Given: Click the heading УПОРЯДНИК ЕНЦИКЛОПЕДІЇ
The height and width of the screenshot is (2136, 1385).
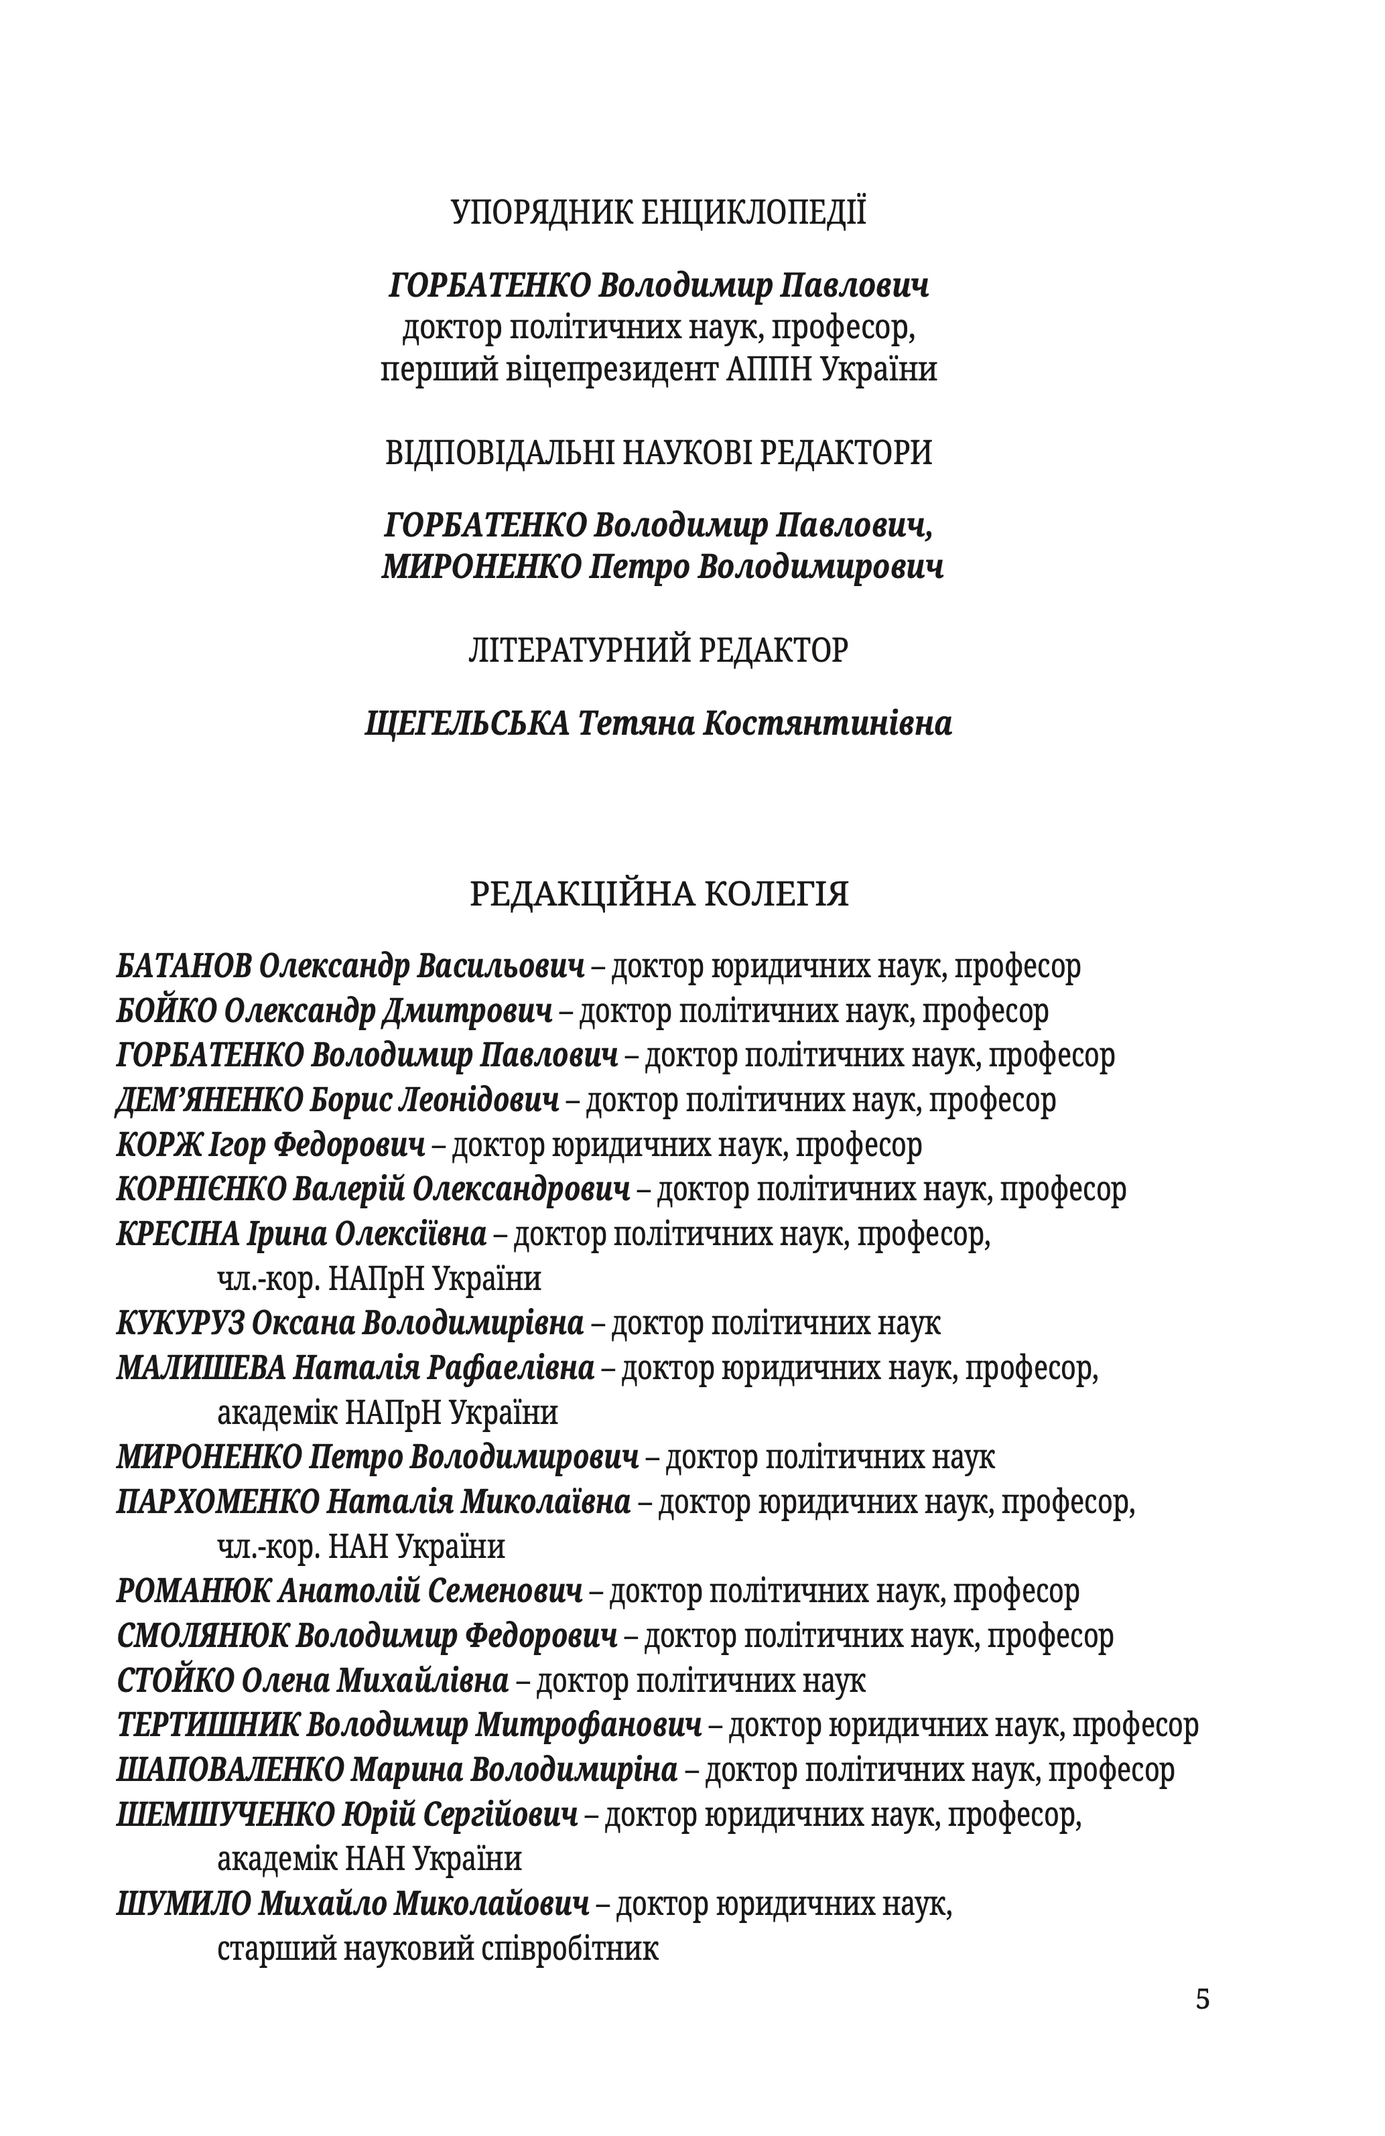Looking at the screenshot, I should point(658,213).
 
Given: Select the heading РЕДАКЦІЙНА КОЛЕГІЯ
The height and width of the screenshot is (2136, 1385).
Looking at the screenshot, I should point(659,894).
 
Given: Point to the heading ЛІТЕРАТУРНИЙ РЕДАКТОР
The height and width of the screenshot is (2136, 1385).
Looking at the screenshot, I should point(658,649).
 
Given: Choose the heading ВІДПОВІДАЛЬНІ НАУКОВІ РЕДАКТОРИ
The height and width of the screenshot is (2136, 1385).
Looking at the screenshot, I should point(658,451).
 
